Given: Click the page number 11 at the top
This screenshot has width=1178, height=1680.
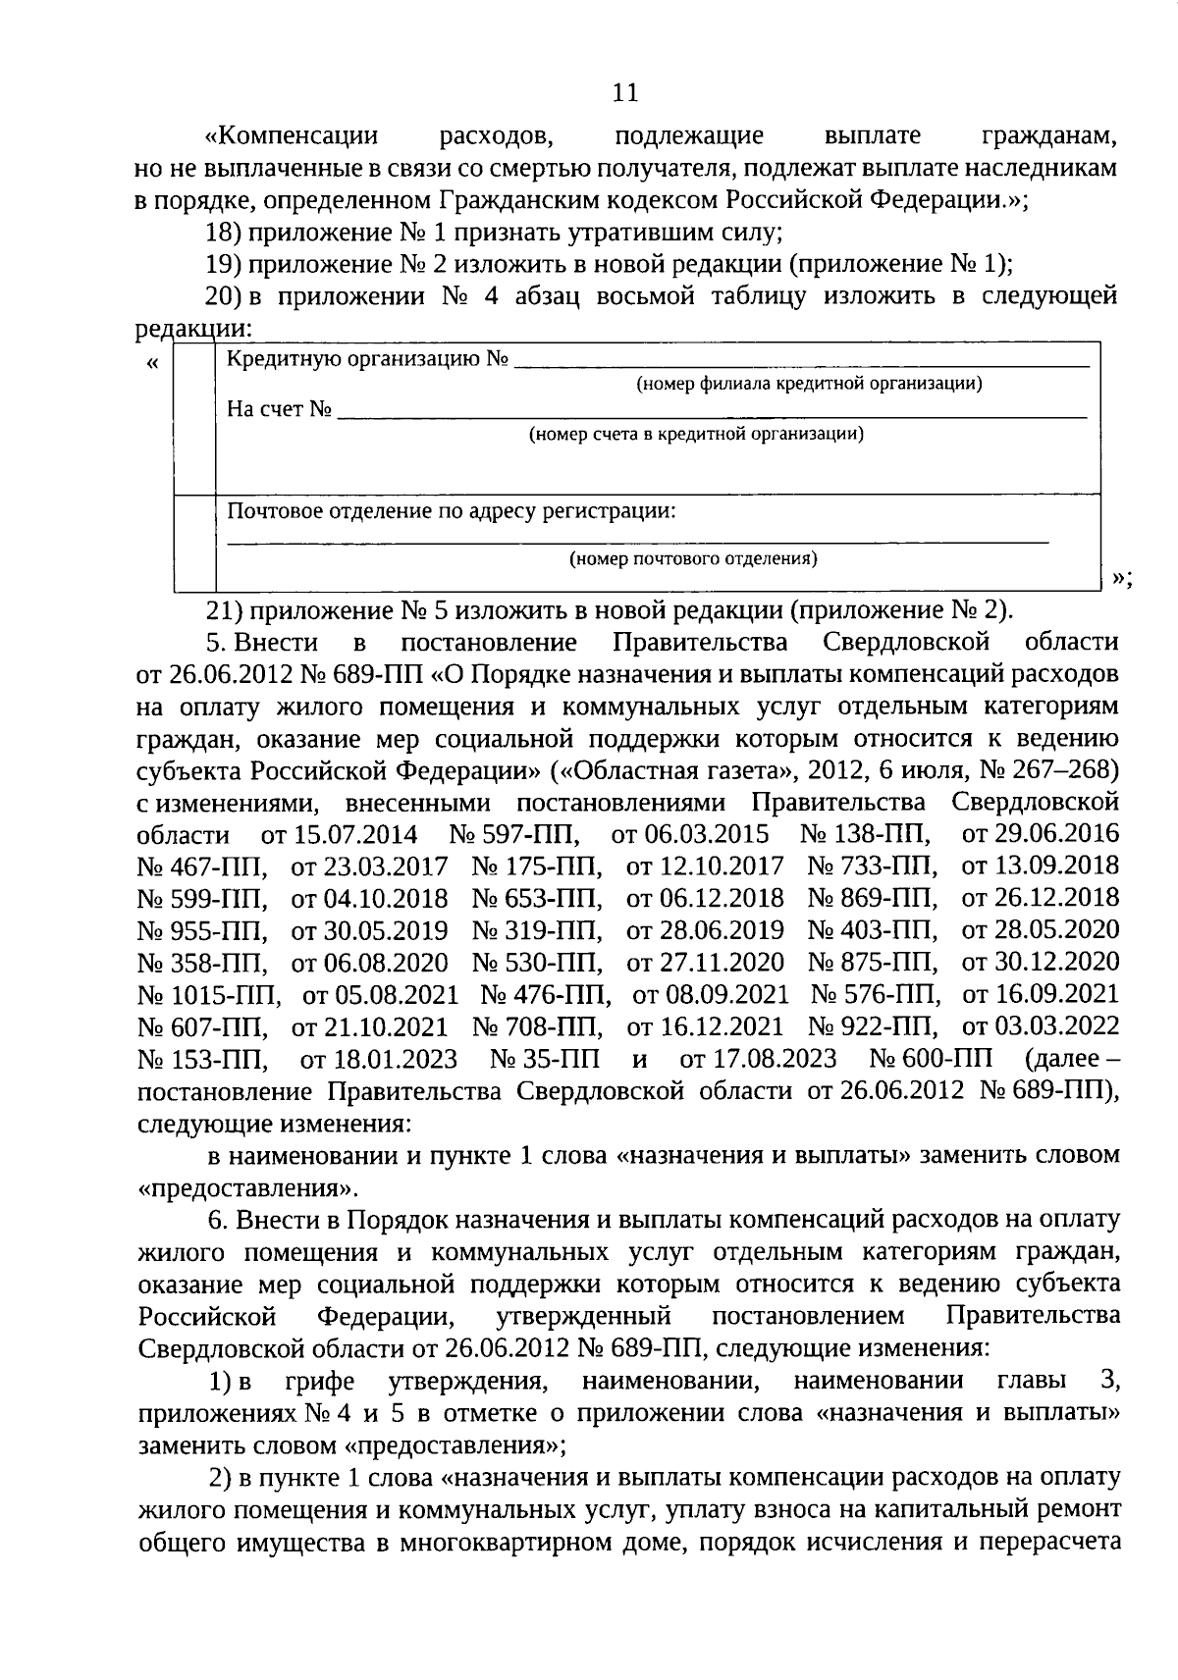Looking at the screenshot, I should click(x=625, y=93).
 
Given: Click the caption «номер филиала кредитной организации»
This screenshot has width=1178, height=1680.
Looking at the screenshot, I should click(x=809, y=384).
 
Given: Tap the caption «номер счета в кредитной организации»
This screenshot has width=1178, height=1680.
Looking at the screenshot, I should click(x=696, y=434).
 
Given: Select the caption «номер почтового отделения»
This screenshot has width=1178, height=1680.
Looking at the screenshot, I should click(x=694, y=559).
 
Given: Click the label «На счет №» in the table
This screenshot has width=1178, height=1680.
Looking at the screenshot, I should click(x=280, y=409).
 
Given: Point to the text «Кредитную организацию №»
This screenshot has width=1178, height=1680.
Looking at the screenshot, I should click(x=367, y=359).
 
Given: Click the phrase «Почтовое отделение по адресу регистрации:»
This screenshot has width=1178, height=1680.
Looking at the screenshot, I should click(x=451, y=511).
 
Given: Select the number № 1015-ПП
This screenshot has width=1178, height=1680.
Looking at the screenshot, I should click(x=209, y=995).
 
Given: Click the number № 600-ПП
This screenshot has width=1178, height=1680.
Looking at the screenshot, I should click(x=932, y=1060).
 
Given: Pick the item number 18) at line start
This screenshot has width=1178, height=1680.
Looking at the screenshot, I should click(x=222, y=233).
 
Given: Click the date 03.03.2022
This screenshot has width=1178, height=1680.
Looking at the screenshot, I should click(x=1041, y=1027).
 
